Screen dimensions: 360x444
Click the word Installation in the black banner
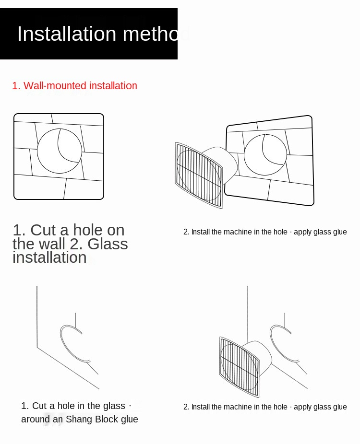pos(67,34)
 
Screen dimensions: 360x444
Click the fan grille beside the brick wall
pos(199,175)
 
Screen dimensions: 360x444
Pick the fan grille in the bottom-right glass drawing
pos(239,367)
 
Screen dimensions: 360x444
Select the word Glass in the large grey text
pos(108,244)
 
